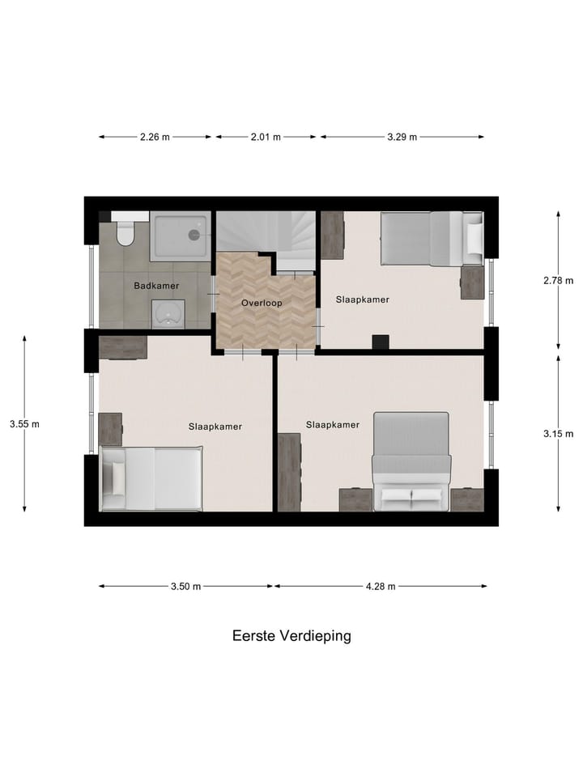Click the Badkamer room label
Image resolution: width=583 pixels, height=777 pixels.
pyautogui.click(x=156, y=286)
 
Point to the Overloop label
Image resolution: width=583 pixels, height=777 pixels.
pyautogui.click(x=262, y=304)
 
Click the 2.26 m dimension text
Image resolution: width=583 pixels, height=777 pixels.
pyautogui.click(x=155, y=137)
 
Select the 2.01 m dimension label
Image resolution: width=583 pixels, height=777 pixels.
pyautogui.click(x=265, y=137)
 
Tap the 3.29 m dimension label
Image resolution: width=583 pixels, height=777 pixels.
pyautogui.click(x=402, y=137)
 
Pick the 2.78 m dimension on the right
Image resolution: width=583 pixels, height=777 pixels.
pyautogui.click(x=558, y=281)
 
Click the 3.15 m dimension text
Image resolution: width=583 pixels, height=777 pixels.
pyautogui.click(x=558, y=434)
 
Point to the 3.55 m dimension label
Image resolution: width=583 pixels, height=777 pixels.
pyautogui.click(x=24, y=423)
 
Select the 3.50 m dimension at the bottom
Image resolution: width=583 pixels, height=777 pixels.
pyautogui.click(x=185, y=587)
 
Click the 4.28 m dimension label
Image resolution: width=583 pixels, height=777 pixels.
pyautogui.click(x=380, y=587)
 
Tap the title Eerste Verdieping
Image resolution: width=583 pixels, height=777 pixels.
pyautogui.click(x=291, y=636)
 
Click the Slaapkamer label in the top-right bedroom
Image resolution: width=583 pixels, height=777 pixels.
pyautogui.click(x=363, y=299)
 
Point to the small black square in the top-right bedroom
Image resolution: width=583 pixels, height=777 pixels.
pyautogui.click(x=381, y=342)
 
